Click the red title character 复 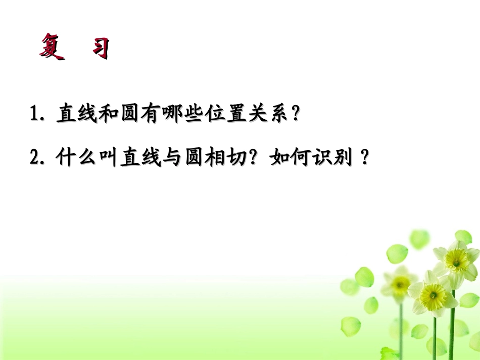pyautogui.click(x=52, y=46)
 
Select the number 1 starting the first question pyautogui.click(x=35, y=114)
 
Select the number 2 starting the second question pyautogui.click(x=35, y=159)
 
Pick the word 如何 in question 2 pyautogui.click(x=291, y=159)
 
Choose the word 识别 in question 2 pyautogui.click(x=334, y=159)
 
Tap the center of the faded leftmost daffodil pyautogui.click(x=400, y=285)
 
